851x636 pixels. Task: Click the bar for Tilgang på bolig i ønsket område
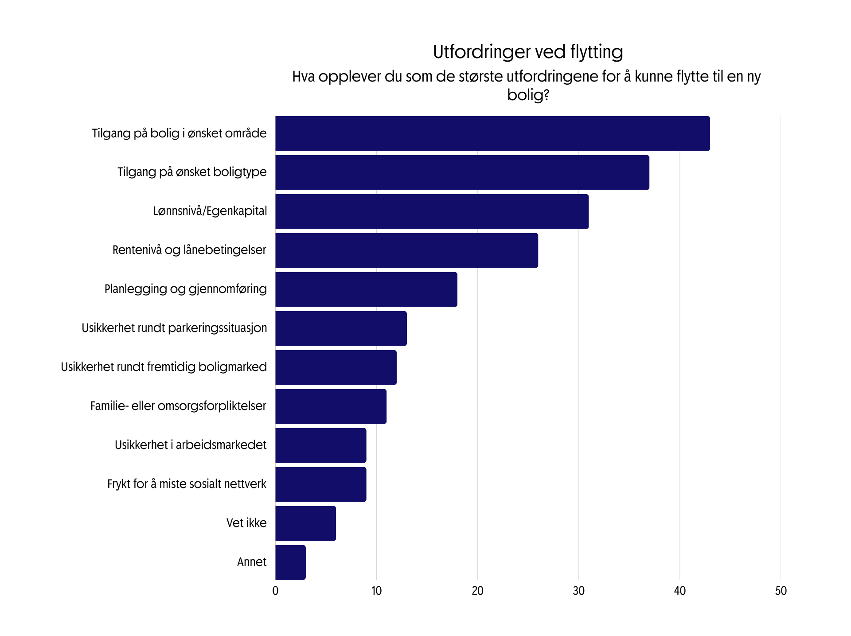click(492, 133)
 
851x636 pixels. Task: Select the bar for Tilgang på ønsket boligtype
click(462, 172)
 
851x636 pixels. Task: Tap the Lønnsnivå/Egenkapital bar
click(432, 211)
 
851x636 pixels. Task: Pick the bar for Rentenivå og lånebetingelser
click(406, 250)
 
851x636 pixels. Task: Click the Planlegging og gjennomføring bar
click(366, 289)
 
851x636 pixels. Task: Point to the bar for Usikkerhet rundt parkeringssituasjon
click(341, 328)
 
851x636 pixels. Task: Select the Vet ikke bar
click(305, 523)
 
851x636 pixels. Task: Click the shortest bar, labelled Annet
click(290, 562)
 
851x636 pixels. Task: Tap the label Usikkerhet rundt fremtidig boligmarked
click(164, 367)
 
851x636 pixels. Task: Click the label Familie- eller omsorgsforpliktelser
click(178, 406)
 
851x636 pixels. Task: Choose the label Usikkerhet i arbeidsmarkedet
click(191, 445)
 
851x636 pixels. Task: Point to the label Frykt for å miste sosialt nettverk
click(187, 484)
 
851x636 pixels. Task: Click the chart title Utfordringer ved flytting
click(527, 52)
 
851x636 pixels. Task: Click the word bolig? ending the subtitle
click(527, 95)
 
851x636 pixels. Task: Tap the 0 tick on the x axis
click(275, 591)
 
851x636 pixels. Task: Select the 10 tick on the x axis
click(376, 591)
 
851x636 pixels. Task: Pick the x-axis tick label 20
click(477, 591)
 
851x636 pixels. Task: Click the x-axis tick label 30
click(578, 591)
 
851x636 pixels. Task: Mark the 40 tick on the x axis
click(679, 591)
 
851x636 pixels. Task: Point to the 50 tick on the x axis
click(781, 591)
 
